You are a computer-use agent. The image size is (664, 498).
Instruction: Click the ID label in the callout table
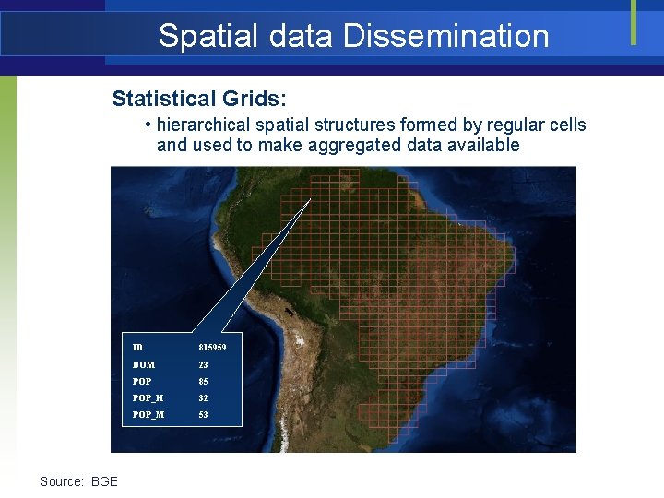tap(137, 348)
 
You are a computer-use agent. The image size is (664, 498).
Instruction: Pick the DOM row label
tap(143, 365)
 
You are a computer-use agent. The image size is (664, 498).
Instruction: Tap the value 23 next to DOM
tap(203, 365)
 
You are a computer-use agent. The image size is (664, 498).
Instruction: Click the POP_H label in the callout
tap(148, 398)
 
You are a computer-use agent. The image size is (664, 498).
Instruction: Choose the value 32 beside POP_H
tap(203, 398)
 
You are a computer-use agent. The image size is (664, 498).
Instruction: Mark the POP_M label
tap(148, 415)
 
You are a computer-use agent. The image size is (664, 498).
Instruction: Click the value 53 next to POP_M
tap(203, 415)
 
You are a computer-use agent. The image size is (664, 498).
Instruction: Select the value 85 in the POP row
tap(203, 382)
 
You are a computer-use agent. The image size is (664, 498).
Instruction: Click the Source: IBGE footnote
tap(78, 481)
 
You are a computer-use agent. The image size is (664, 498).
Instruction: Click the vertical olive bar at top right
tap(634, 22)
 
